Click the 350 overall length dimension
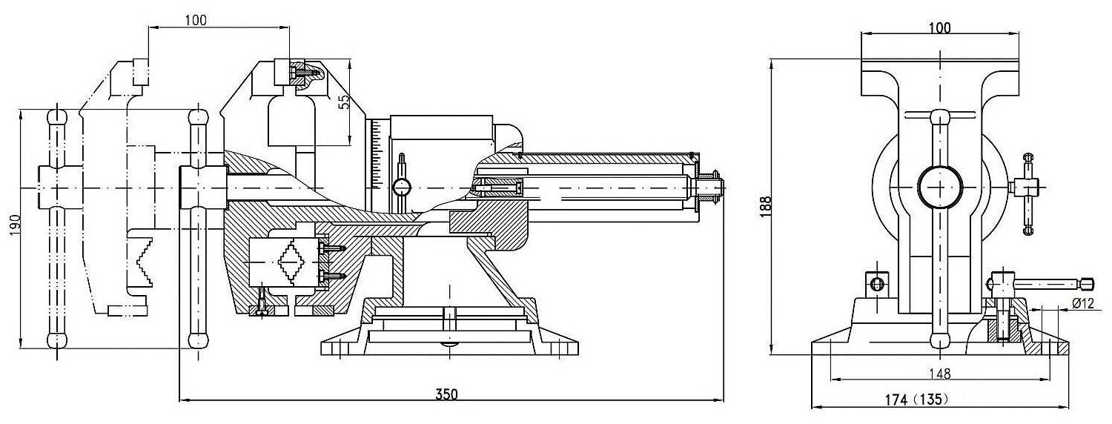(x=447, y=394)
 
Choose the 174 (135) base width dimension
(x=916, y=400)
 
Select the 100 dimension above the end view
(x=939, y=27)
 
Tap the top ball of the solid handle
(x=198, y=118)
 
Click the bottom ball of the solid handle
(x=198, y=340)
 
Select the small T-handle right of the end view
(x=1027, y=193)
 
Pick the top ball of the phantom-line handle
(x=56, y=118)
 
